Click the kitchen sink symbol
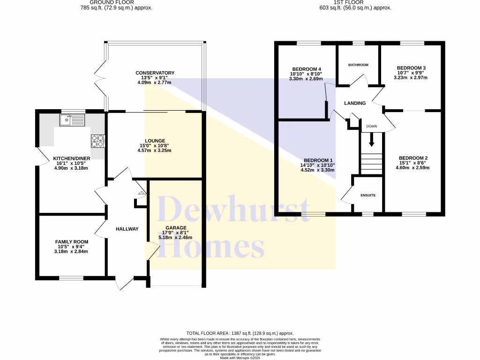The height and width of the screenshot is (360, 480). (x=72, y=120)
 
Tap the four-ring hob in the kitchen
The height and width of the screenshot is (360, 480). (x=97, y=141)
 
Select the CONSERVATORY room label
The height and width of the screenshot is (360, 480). (x=155, y=73)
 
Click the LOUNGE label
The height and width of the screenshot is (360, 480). (x=155, y=141)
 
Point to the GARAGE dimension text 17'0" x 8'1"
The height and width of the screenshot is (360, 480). (x=174, y=232)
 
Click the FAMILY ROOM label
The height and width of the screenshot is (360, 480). (x=71, y=242)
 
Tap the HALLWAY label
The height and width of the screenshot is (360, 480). (x=127, y=229)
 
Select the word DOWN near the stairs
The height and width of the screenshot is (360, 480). (x=371, y=126)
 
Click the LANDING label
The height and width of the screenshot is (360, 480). (x=355, y=103)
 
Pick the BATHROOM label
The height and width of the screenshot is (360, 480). (x=358, y=65)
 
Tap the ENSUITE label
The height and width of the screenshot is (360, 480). (x=368, y=195)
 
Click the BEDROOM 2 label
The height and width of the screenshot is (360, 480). (x=413, y=158)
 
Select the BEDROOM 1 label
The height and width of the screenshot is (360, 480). (x=318, y=160)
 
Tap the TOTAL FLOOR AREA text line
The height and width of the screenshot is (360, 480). (x=240, y=333)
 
